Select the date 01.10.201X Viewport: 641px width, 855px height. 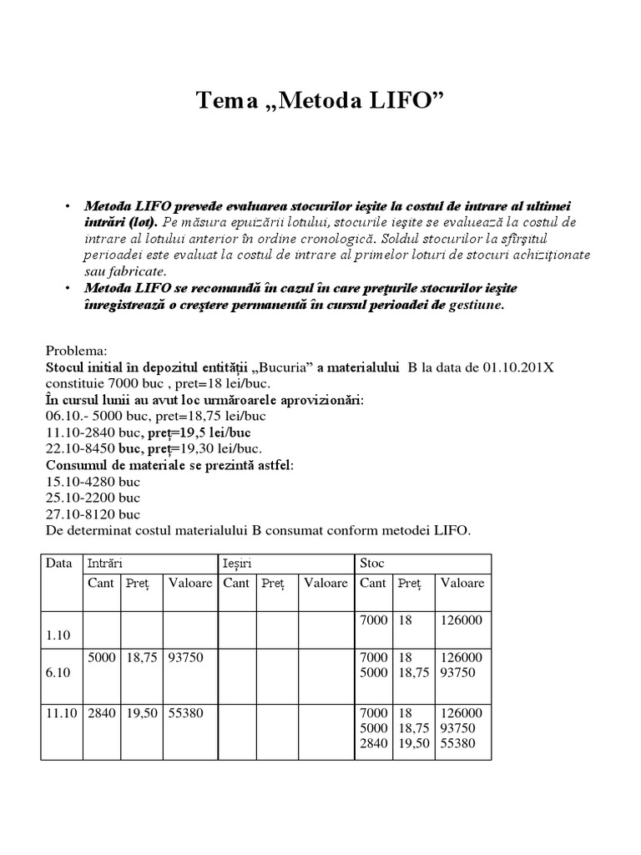coord(518,367)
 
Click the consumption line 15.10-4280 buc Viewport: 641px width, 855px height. coord(93,482)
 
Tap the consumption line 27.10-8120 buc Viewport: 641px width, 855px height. coord(93,514)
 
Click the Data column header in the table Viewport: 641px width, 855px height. coord(59,564)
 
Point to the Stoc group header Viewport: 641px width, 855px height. coord(372,564)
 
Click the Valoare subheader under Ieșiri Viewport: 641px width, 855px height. coord(326,583)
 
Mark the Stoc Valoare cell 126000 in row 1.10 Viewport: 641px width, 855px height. coord(462,620)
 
